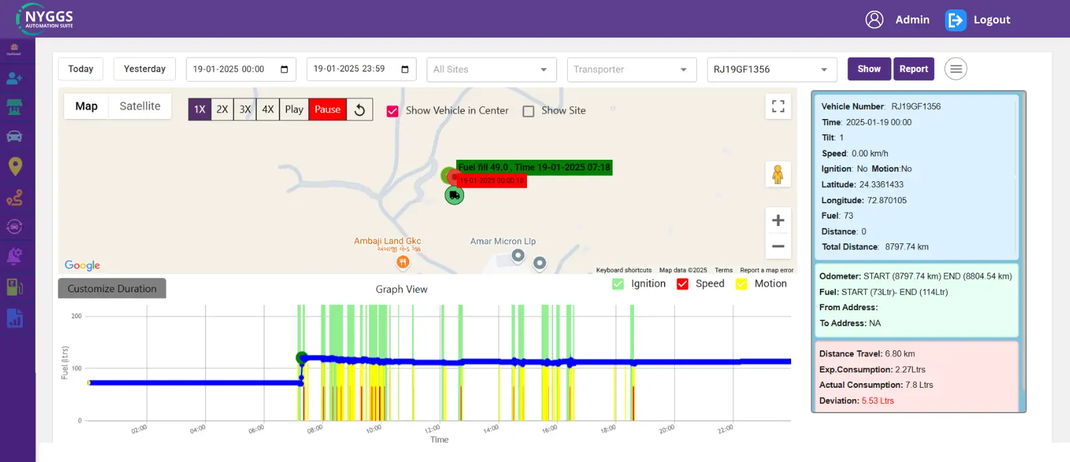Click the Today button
pos(81,69)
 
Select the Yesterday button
pos(144,69)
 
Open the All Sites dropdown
pos(492,70)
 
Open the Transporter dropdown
pos(631,70)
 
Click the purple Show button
pos(869,69)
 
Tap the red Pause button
pos(328,110)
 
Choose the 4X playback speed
pos(267,110)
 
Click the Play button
pos(294,110)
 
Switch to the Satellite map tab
pos(140,106)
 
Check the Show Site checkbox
pos(528,111)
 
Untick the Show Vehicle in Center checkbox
pos(393,111)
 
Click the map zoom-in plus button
pos(778,221)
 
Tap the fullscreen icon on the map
pos(778,106)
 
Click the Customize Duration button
pos(112,289)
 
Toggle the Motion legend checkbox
pos(742,284)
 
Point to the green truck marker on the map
pos(454,195)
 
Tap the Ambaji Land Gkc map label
pos(387,241)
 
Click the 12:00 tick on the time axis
pos(432,428)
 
